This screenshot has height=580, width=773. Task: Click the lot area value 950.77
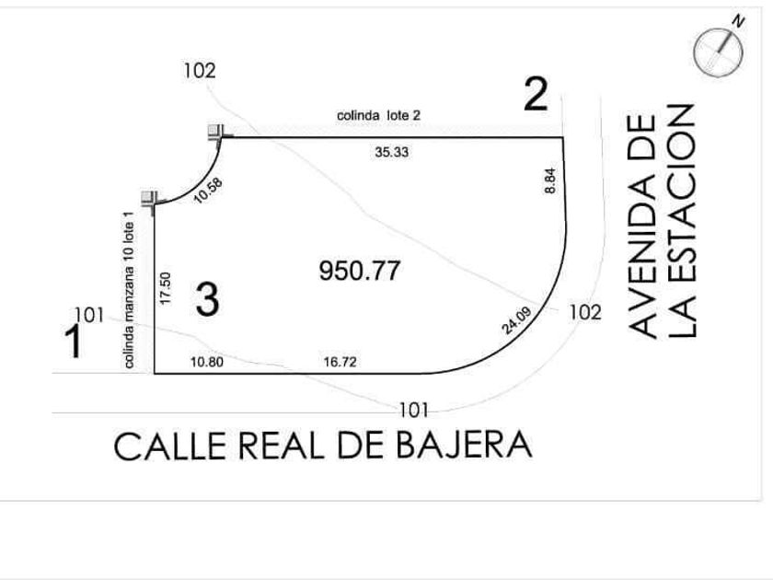[360, 271]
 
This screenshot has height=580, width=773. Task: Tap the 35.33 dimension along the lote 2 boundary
[391, 152]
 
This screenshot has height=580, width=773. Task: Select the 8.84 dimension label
[550, 181]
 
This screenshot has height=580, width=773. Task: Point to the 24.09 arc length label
[516, 320]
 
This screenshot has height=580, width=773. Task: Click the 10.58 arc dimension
[208, 191]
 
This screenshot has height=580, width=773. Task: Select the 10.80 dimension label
[207, 362]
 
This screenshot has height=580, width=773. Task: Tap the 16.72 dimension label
[340, 362]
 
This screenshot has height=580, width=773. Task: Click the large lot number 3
[207, 299]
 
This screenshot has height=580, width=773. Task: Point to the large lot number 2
[536, 94]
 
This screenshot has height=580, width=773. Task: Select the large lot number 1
[74, 342]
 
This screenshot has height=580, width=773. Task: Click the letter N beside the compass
[738, 21]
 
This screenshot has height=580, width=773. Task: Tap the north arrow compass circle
[719, 52]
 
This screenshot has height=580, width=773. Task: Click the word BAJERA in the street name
[465, 445]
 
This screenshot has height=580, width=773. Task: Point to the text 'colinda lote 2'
[378, 115]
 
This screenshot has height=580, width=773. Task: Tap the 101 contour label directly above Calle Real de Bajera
[413, 410]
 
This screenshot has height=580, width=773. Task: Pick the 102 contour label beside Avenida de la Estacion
[585, 313]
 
